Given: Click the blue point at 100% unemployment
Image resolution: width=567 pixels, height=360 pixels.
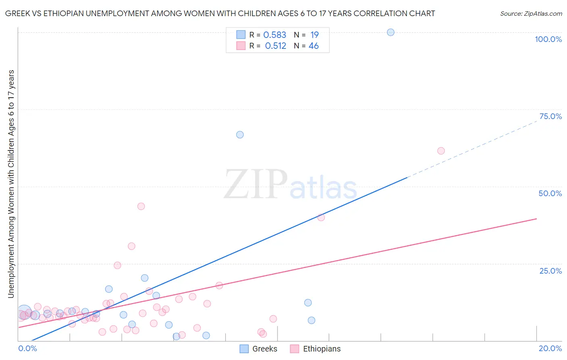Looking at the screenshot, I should click(390, 32).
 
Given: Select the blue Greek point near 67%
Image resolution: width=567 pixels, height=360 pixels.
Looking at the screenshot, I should click(240, 135).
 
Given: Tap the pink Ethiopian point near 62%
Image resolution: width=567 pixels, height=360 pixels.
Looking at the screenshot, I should click(441, 151).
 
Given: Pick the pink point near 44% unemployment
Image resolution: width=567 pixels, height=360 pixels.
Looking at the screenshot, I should click(141, 206).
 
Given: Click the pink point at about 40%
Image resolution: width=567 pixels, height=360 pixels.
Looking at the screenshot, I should click(321, 218).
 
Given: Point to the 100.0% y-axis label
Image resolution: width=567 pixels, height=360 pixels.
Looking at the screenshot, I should click(548, 39).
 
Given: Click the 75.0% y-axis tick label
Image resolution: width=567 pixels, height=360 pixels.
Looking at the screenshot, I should click(550, 116).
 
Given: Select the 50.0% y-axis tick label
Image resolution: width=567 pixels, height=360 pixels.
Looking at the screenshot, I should click(550, 193).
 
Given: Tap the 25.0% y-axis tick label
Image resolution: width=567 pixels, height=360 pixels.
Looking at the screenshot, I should click(550, 270).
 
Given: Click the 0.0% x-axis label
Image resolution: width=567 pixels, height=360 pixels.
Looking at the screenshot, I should click(27, 348).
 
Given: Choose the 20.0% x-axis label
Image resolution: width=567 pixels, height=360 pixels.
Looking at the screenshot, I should click(550, 348).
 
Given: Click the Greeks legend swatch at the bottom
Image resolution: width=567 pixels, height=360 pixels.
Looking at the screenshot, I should click(244, 349).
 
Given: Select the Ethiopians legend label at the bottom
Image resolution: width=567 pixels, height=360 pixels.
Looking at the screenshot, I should click(322, 349).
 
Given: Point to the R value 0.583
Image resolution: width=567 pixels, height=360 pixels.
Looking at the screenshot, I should click(275, 35).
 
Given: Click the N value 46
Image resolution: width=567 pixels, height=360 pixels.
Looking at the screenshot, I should click(313, 46).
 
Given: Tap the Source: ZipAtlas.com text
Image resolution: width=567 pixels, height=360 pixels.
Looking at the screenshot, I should click(531, 14).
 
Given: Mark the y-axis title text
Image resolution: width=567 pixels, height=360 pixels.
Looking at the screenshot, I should click(11, 184).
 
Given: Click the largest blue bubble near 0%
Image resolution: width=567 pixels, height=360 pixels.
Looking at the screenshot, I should click(24, 312).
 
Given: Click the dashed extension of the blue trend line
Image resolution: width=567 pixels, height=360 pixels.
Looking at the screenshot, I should click(472, 149).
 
